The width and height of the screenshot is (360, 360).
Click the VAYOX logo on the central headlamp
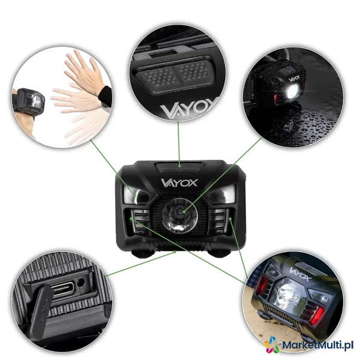pyautogui.click(x=179, y=183)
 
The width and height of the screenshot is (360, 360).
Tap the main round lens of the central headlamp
pyautogui.click(x=180, y=216)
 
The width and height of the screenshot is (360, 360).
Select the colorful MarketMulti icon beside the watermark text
pyautogui.click(x=272, y=345)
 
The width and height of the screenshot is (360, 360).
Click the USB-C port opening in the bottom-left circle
pyautogui.click(x=63, y=287)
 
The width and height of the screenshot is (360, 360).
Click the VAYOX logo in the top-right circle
pyautogui.click(x=295, y=78)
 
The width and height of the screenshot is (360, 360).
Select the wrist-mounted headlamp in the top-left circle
pyautogui.click(x=29, y=101)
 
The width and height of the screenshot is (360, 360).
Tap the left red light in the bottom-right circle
pyautogui.click(x=262, y=285)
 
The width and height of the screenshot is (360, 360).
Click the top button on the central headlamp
pyautogui.click(x=179, y=167)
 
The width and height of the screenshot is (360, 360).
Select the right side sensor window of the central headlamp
pyautogui.click(x=223, y=194)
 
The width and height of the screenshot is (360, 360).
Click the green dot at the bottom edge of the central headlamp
pyautogui.click(x=175, y=252)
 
